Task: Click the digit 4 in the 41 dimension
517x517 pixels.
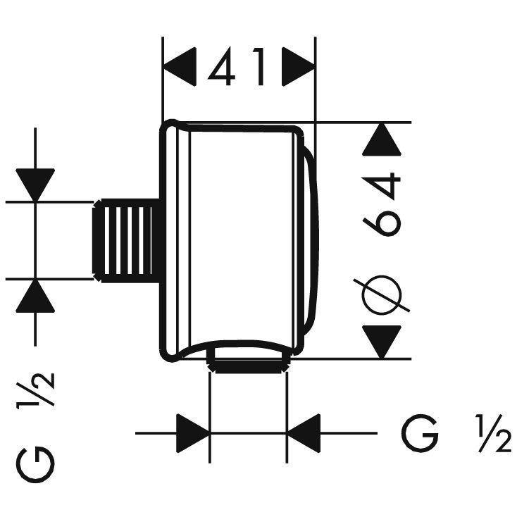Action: click(x=224, y=68)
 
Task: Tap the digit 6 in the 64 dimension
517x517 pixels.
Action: click(x=382, y=218)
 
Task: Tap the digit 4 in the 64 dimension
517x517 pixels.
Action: click(x=382, y=182)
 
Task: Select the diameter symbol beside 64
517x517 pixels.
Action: click(x=382, y=292)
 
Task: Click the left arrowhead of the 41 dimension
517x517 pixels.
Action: click(x=179, y=68)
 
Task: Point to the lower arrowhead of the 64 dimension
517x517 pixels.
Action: click(x=382, y=342)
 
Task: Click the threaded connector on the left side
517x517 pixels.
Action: click(x=123, y=239)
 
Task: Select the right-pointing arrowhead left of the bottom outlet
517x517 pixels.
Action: click(x=193, y=432)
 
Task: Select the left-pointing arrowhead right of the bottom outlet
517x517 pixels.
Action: click(x=304, y=432)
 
